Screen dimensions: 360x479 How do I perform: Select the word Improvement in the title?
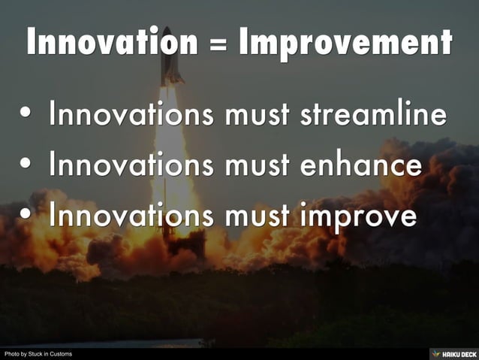[x=345, y=43]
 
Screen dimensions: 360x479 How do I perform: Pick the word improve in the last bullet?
[x=358, y=216]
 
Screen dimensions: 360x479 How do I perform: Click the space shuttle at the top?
[x=170, y=59]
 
